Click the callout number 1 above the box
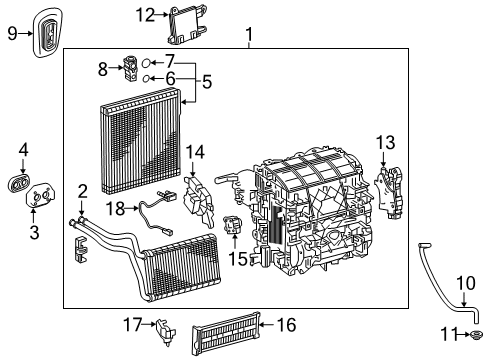[248, 38]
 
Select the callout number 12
[146, 14]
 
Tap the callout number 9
[13, 33]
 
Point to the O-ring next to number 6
[146, 78]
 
